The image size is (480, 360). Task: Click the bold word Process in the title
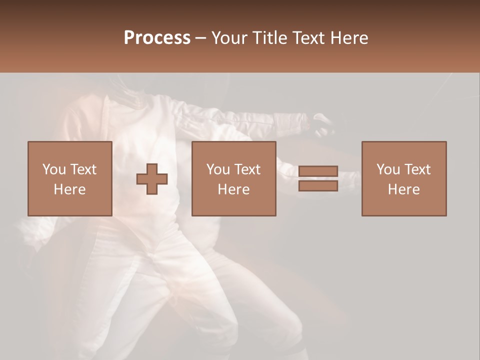click(x=157, y=38)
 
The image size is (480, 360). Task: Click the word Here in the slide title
click(x=350, y=38)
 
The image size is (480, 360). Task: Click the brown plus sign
click(x=152, y=179)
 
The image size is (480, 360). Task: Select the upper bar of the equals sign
click(x=318, y=171)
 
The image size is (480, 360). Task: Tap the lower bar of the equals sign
click(x=318, y=186)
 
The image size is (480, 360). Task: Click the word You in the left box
click(x=54, y=169)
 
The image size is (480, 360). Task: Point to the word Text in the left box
click(x=83, y=169)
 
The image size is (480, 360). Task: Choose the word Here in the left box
click(x=69, y=189)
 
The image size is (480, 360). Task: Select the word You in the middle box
click(x=218, y=169)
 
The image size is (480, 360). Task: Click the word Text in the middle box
click(x=247, y=169)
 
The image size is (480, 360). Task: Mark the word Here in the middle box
click(x=233, y=189)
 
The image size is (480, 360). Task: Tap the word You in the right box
click(x=388, y=169)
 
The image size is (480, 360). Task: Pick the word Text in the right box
click(x=417, y=169)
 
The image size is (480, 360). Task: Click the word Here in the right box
click(x=403, y=189)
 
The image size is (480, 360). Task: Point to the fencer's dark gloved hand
click(x=322, y=125)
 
